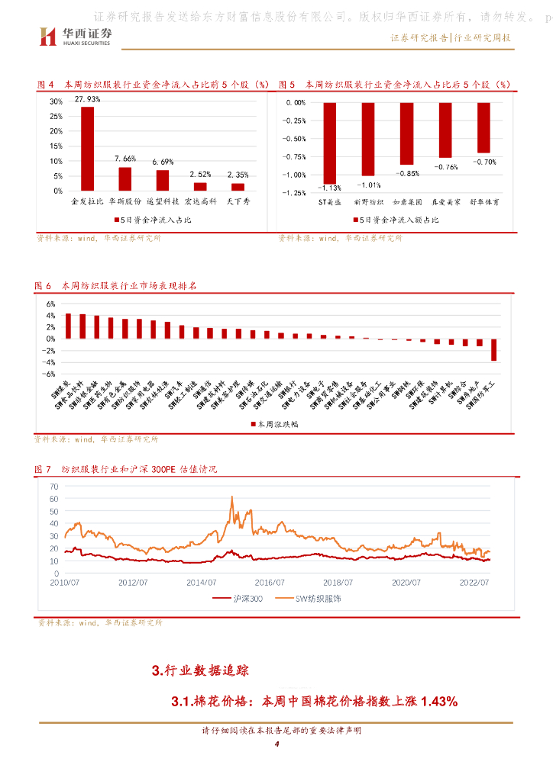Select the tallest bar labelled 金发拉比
click(x=88, y=148)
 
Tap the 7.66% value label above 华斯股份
click(x=125, y=159)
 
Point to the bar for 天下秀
click(x=238, y=186)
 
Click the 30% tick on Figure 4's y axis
click(x=57, y=101)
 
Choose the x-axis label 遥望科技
click(x=163, y=202)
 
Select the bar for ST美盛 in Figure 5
click(x=330, y=143)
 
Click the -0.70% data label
click(x=484, y=162)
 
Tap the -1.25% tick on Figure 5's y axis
click(x=294, y=193)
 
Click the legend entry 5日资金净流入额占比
click(x=397, y=220)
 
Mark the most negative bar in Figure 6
click(x=494, y=349)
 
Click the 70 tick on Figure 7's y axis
click(x=54, y=485)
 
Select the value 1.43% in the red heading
click(x=439, y=701)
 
